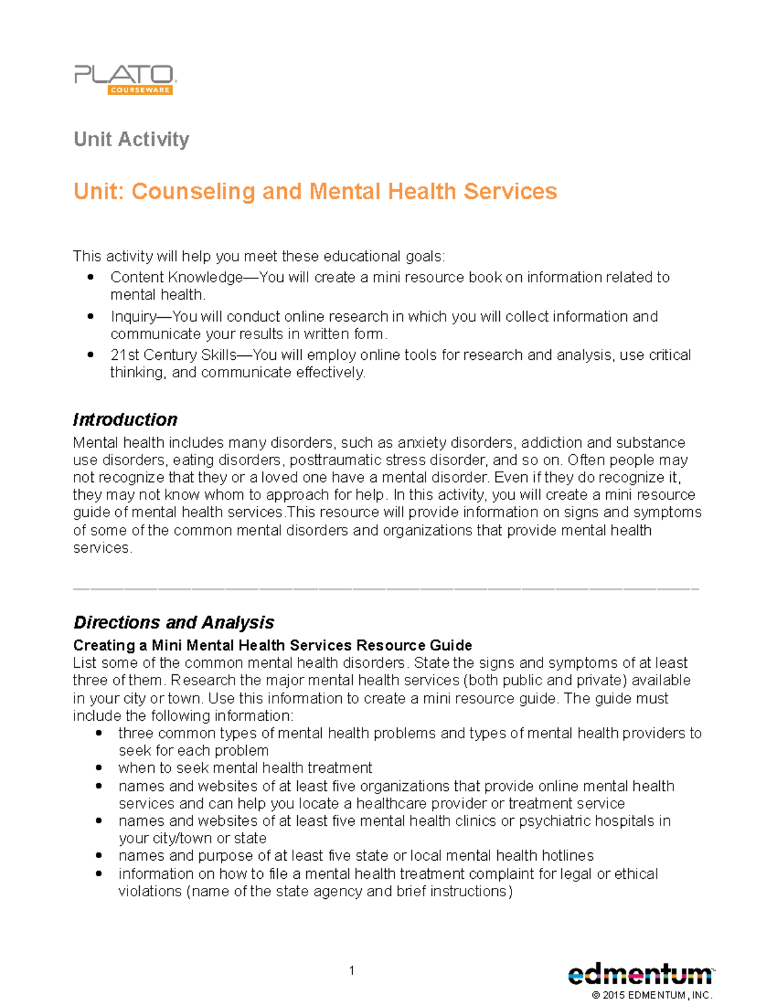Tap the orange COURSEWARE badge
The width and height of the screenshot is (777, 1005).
140,90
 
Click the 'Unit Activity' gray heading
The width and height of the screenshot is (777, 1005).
131,139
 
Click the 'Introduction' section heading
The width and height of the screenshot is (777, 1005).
125,419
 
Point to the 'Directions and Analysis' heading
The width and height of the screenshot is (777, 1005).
174,622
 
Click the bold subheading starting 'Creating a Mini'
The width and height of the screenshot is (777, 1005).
272,645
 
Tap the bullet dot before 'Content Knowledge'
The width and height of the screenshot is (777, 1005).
91,277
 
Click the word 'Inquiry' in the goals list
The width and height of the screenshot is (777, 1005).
133,316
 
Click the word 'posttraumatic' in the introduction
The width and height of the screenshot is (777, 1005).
331,460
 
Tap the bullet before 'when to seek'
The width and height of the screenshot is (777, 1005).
98,768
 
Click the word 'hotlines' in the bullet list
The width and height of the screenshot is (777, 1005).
567,856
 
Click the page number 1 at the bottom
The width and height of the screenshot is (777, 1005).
352,970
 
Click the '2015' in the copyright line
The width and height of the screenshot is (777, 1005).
613,995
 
